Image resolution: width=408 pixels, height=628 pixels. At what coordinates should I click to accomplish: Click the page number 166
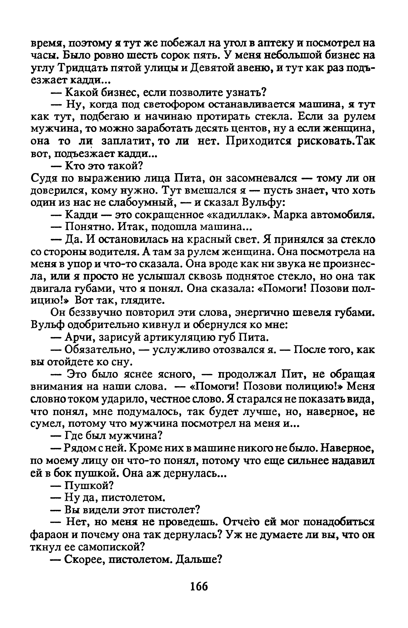[x=199, y=587]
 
